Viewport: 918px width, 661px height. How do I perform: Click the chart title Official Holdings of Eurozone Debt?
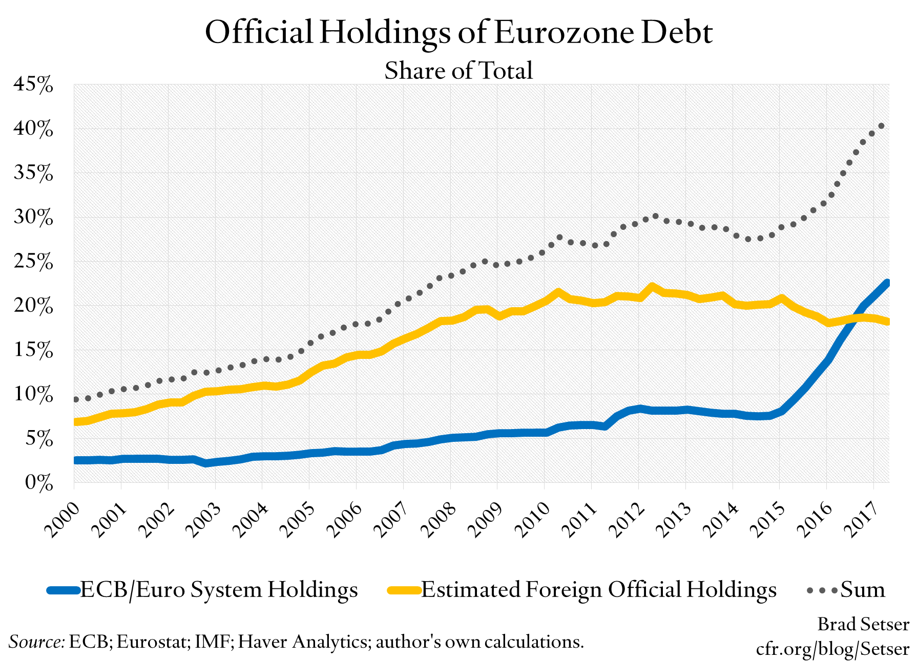click(458, 32)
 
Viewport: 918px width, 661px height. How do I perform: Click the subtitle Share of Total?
click(458, 70)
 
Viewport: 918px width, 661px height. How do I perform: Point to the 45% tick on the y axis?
click(33, 84)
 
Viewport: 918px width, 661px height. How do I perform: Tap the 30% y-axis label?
click(33, 218)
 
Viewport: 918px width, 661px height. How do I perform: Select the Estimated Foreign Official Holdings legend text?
click(598, 590)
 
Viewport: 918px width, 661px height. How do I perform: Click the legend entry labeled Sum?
click(862, 590)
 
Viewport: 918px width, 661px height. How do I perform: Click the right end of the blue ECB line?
click(887, 283)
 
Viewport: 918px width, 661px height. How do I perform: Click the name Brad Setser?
click(863, 624)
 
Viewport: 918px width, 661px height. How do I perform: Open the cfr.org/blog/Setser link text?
click(832, 649)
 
